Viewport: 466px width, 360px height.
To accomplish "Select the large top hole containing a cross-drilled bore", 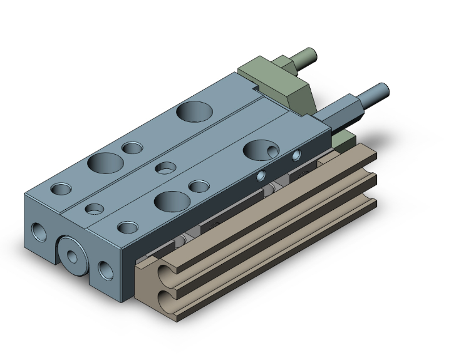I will point(262,150).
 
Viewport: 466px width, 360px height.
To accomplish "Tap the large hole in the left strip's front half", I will point(105,163).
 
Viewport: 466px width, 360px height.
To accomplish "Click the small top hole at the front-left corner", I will point(61,188).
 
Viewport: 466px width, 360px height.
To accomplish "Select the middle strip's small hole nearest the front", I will point(95,208).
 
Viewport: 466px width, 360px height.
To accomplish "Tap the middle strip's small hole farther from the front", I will point(165,167).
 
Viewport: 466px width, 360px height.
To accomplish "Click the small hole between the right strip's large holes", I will point(199,186).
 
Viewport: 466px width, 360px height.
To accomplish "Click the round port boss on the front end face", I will point(76,255).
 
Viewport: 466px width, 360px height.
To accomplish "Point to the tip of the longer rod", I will point(383,90).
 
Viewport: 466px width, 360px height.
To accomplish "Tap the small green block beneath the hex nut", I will point(342,138).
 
